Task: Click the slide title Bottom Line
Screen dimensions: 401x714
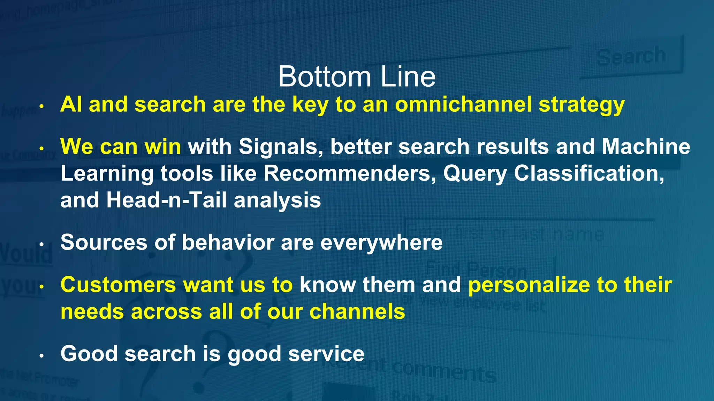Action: [x=357, y=77]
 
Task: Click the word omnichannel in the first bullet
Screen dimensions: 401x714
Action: [x=463, y=104]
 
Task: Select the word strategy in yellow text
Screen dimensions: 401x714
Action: [x=581, y=105]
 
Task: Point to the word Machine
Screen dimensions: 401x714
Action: [x=646, y=147]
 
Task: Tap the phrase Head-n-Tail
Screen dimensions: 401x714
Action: [x=167, y=200]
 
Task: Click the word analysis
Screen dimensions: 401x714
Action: [x=277, y=201]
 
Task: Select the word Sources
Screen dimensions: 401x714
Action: [x=104, y=242]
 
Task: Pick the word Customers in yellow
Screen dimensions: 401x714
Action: [x=118, y=285]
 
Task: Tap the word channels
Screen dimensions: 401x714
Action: [x=357, y=312]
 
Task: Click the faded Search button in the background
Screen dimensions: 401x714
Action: [x=631, y=56]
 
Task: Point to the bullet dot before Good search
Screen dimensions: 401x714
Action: [x=41, y=356]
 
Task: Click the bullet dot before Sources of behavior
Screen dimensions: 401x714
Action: [x=41, y=244]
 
